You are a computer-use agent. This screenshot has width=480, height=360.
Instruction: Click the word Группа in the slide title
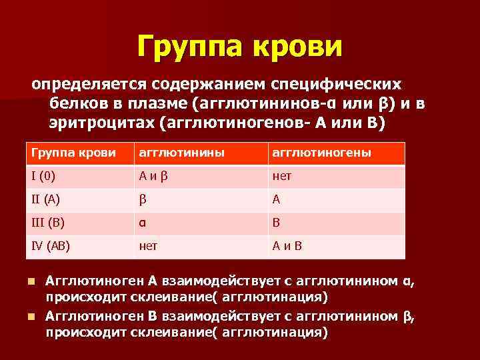(x=187, y=45)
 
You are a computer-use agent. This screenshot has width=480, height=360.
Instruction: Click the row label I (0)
(x=43, y=177)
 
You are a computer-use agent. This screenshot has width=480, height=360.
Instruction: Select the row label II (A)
(x=45, y=199)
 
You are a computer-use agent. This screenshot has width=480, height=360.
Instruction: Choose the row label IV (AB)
(x=50, y=245)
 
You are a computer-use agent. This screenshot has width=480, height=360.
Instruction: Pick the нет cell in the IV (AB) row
(x=148, y=245)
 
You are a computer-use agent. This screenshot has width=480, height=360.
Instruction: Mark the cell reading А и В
(x=287, y=245)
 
